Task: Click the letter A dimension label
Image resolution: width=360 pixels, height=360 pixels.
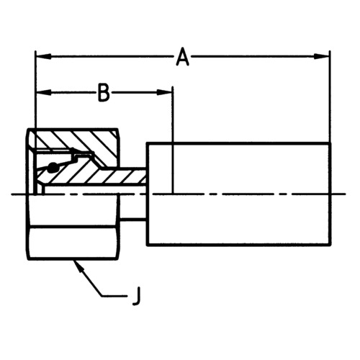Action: pyautogui.click(x=182, y=57)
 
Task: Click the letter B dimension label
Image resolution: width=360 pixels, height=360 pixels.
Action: pyautogui.click(x=104, y=92)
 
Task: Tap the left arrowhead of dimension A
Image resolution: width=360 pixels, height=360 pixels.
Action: pyautogui.click(x=44, y=57)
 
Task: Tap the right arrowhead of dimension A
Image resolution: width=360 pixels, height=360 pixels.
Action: pyautogui.click(x=322, y=57)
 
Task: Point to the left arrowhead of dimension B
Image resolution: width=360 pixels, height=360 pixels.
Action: pyautogui.click(x=44, y=92)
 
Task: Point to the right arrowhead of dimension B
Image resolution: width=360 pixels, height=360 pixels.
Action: pyautogui.click(x=164, y=92)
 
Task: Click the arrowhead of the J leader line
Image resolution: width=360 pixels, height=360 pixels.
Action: pyautogui.click(x=78, y=267)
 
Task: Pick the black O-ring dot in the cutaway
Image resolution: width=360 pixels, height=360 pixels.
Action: pyautogui.click(x=52, y=168)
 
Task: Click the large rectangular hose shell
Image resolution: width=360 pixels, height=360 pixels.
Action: pyautogui.click(x=239, y=194)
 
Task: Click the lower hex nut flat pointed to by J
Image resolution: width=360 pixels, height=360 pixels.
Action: pyautogui.click(x=73, y=243)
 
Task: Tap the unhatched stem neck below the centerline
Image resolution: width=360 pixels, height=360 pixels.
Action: pyautogui.click(x=132, y=207)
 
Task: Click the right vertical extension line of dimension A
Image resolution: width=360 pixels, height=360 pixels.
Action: pyautogui.click(x=330, y=96)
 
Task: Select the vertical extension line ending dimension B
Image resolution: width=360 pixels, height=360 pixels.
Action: pyautogui.click(x=173, y=140)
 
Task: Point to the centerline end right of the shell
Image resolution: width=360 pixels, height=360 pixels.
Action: pyautogui.click(x=345, y=194)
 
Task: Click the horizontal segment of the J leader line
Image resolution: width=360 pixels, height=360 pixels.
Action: pyautogui.click(x=114, y=296)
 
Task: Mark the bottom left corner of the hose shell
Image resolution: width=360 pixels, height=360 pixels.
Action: pyautogui.click(x=148, y=245)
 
